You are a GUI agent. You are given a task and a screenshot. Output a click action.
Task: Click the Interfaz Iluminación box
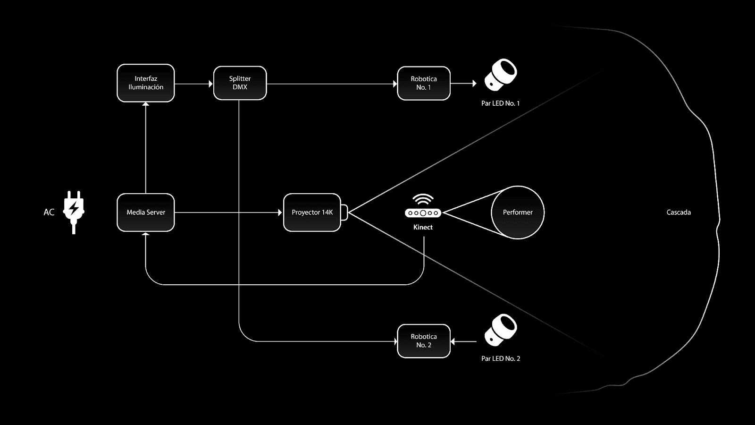click(145, 83)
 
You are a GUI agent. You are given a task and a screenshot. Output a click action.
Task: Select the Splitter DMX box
click(240, 83)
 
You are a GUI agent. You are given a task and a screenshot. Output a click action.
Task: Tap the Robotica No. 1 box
click(423, 83)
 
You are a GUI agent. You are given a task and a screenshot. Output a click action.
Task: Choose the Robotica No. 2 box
click(423, 341)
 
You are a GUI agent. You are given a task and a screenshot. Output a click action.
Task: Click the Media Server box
click(145, 212)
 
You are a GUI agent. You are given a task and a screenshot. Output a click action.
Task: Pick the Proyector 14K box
click(312, 212)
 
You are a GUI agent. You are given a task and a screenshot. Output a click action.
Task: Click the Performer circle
click(518, 212)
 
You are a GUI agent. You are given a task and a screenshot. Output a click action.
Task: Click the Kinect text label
click(423, 227)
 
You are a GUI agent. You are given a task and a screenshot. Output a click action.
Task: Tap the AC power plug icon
click(74, 212)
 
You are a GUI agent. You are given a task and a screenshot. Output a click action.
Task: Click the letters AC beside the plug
click(49, 212)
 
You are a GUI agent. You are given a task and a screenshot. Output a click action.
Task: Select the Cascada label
click(679, 212)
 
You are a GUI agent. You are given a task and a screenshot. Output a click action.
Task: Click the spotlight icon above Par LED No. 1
click(501, 74)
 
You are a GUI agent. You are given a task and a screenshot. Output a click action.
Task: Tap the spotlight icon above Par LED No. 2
click(501, 329)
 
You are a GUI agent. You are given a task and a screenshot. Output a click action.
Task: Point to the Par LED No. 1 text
click(500, 103)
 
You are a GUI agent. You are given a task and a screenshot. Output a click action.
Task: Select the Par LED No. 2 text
click(500, 359)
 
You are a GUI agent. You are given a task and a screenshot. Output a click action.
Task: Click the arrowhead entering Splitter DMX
click(210, 84)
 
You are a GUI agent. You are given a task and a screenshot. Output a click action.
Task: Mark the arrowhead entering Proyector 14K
click(280, 212)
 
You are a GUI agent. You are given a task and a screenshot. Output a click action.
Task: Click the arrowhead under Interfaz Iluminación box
click(146, 104)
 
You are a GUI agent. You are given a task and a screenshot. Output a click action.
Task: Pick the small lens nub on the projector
click(344, 212)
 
